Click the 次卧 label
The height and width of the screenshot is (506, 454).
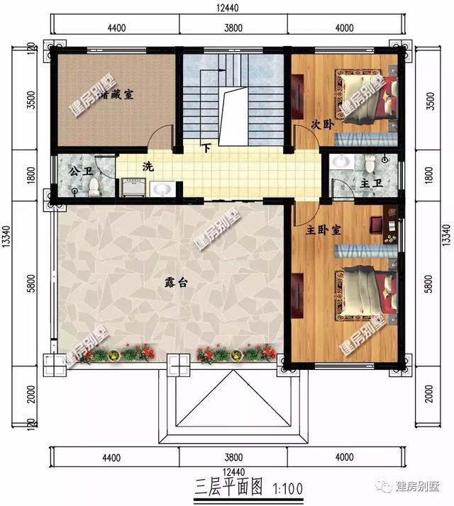pyautogui.click(x=321, y=124)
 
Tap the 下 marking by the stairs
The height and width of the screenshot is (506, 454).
pyautogui.click(x=206, y=149)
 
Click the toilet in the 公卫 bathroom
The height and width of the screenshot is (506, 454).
pyautogui.click(x=94, y=186)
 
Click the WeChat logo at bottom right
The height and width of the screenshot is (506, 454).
pyautogui.click(x=387, y=485)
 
